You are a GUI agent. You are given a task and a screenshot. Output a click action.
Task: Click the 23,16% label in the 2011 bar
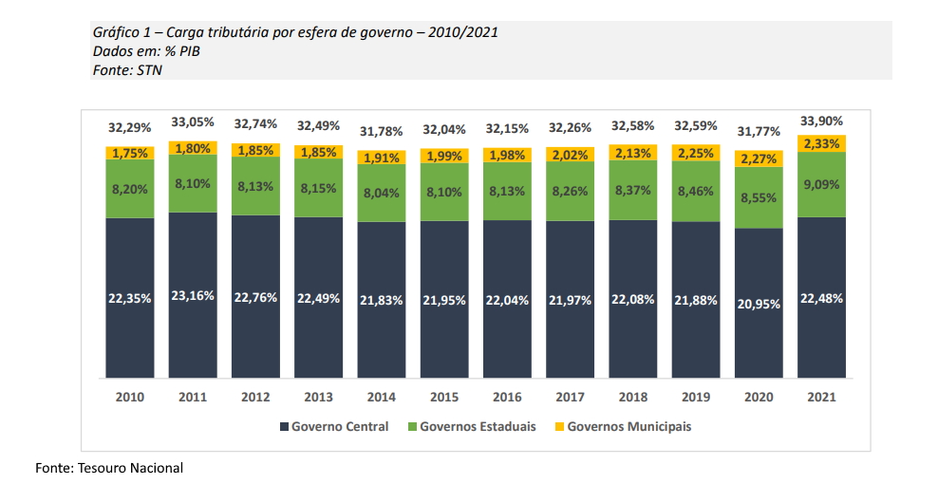tap(193, 296)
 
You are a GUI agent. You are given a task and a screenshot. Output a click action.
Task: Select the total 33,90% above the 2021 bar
tap(821, 121)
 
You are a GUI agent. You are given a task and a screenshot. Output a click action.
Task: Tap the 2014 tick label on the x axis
tap(381, 397)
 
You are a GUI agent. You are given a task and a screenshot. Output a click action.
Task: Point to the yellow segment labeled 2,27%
tap(759, 158)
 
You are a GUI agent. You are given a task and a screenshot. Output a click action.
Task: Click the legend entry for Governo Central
tap(333, 426)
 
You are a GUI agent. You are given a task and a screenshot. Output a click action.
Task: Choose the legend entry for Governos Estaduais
tap(470, 426)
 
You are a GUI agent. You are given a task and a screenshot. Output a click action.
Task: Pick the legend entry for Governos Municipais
tap(622, 426)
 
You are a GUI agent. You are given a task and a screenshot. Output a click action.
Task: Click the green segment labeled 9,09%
tap(821, 184)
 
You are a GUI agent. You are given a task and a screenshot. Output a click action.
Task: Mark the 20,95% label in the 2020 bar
tap(759, 304)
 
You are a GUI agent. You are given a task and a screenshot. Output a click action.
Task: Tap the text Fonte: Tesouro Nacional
tap(109, 468)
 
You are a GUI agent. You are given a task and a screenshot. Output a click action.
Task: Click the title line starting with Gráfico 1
tap(295, 32)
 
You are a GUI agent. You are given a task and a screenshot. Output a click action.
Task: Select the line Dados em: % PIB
tap(146, 51)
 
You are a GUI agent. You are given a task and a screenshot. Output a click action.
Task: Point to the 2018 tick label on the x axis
tap(632, 397)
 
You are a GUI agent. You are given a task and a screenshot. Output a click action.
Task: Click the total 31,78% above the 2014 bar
tap(381, 130)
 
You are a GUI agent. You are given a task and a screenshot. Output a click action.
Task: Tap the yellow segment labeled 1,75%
tap(130, 153)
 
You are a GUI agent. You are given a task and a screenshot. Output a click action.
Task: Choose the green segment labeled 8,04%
tap(381, 192)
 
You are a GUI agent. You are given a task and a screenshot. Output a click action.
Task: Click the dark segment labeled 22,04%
tap(507, 299)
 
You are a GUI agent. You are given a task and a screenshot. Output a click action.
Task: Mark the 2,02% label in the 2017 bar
tap(570, 155)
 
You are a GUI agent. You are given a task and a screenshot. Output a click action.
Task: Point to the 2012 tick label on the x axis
tap(255, 397)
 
